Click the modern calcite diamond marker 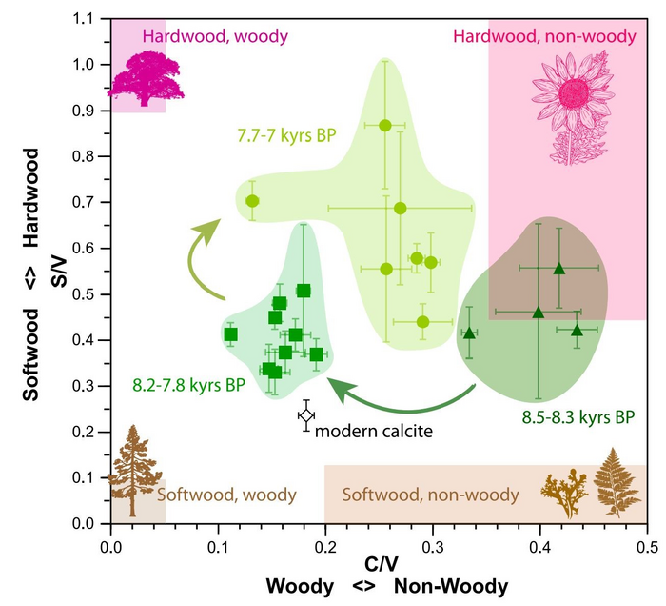click(x=305, y=415)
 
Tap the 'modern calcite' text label click(x=374, y=432)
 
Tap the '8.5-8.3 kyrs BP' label click(x=578, y=416)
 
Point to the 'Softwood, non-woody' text click(x=431, y=495)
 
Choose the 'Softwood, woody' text click(x=226, y=495)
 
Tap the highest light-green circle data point click(x=385, y=126)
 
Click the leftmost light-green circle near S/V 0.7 click(x=252, y=201)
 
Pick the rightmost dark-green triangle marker click(x=576, y=330)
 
